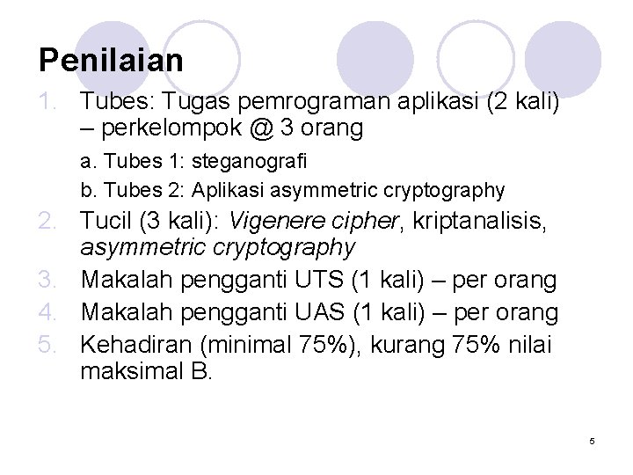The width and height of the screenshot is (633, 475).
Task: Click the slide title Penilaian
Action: click(x=111, y=61)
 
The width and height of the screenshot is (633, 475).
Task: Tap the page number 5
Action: click(x=593, y=440)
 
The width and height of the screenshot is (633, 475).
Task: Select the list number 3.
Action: click(x=48, y=281)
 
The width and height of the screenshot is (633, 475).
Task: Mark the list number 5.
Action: click(x=48, y=344)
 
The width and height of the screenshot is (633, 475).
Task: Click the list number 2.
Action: click(x=48, y=216)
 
